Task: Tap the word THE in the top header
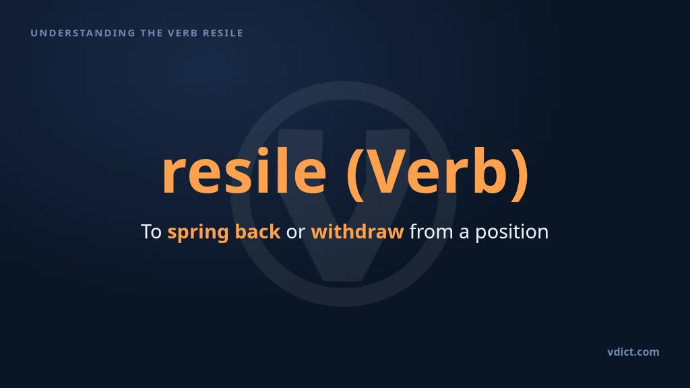(152, 33)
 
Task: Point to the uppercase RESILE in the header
(223, 33)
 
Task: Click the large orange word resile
(245, 170)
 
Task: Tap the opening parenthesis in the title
(354, 174)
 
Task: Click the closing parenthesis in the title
(521, 174)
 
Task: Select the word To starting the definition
(152, 232)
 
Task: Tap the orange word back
(257, 232)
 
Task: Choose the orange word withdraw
(357, 232)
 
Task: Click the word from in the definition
(431, 232)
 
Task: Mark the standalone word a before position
(464, 233)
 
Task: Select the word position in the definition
(512, 232)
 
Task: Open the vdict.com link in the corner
(633, 352)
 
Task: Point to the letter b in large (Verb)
(491, 170)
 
